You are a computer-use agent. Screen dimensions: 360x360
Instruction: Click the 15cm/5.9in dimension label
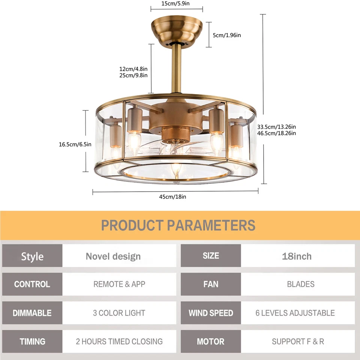click(175, 4)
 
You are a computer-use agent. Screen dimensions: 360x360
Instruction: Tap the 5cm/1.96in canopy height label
click(227, 35)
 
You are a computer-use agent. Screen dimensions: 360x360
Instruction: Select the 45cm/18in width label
click(174, 196)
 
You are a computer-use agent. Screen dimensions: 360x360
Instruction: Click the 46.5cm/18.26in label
click(277, 133)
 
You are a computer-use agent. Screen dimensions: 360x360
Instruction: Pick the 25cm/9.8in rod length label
click(133, 75)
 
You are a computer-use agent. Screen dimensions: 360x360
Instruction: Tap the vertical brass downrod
click(176, 69)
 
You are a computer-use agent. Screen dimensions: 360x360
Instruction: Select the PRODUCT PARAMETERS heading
click(178, 226)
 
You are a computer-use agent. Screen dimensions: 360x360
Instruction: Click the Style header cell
click(32, 256)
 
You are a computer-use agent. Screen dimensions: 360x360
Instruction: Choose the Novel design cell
click(113, 256)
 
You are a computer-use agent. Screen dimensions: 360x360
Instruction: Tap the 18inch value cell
click(297, 256)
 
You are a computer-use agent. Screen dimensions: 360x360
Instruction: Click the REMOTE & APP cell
click(119, 284)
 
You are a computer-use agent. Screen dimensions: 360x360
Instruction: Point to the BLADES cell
click(300, 284)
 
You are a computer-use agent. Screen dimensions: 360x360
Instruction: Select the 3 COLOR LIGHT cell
click(119, 313)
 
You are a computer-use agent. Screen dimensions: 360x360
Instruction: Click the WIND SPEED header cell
click(211, 313)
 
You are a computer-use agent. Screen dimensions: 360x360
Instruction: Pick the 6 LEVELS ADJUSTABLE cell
click(295, 313)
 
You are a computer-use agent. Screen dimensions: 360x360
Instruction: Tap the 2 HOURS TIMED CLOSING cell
click(119, 342)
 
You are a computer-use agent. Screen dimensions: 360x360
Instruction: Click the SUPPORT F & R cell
click(298, 342)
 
